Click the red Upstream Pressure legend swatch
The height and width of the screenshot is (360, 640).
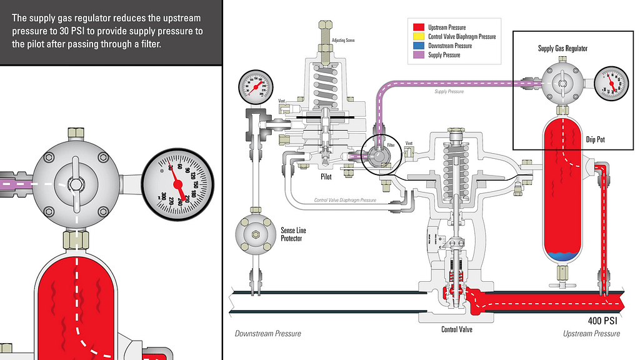tap(419, 27)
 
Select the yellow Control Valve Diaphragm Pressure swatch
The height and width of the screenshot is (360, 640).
tap(419, 36)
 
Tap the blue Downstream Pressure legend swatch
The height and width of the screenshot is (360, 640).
tap(419, 46)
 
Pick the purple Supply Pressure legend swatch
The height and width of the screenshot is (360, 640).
tap(419, 55)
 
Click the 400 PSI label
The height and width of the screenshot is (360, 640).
tap(603, 321)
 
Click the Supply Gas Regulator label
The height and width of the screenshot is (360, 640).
tap(562, 48)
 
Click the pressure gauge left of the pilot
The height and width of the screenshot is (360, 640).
tap(255, 86)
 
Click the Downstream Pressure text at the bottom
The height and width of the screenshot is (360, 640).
tap(267, 333)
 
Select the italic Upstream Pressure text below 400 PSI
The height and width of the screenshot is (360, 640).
tap(591, 333)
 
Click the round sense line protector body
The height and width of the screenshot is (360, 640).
tap(254, 234)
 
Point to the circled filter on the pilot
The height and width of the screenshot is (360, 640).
tap(379, 153)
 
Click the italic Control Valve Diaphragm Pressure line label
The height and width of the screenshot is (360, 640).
tap(345, 200)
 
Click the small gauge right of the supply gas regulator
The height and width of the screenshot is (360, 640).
tap(611, 83)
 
